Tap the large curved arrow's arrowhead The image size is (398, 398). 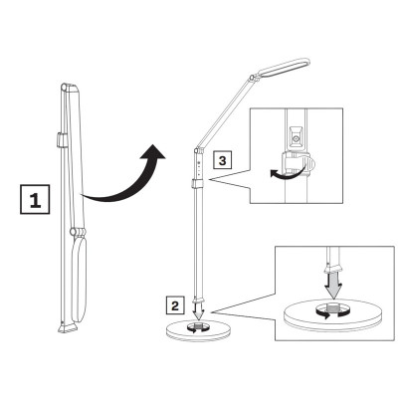tap(150, 154)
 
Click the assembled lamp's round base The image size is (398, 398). tap(199, 329)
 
